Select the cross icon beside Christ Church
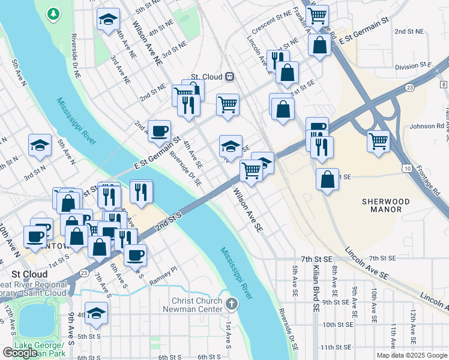tap(233, 302)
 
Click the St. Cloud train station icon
tap(229, 76)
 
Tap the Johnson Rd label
tap(426, 127)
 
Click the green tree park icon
tap(53, 13)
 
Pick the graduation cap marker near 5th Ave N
tap(40, 145)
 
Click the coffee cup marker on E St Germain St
tap(159, 131)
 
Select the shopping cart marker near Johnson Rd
tap(379, 142)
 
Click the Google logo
tap(20, 353)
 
